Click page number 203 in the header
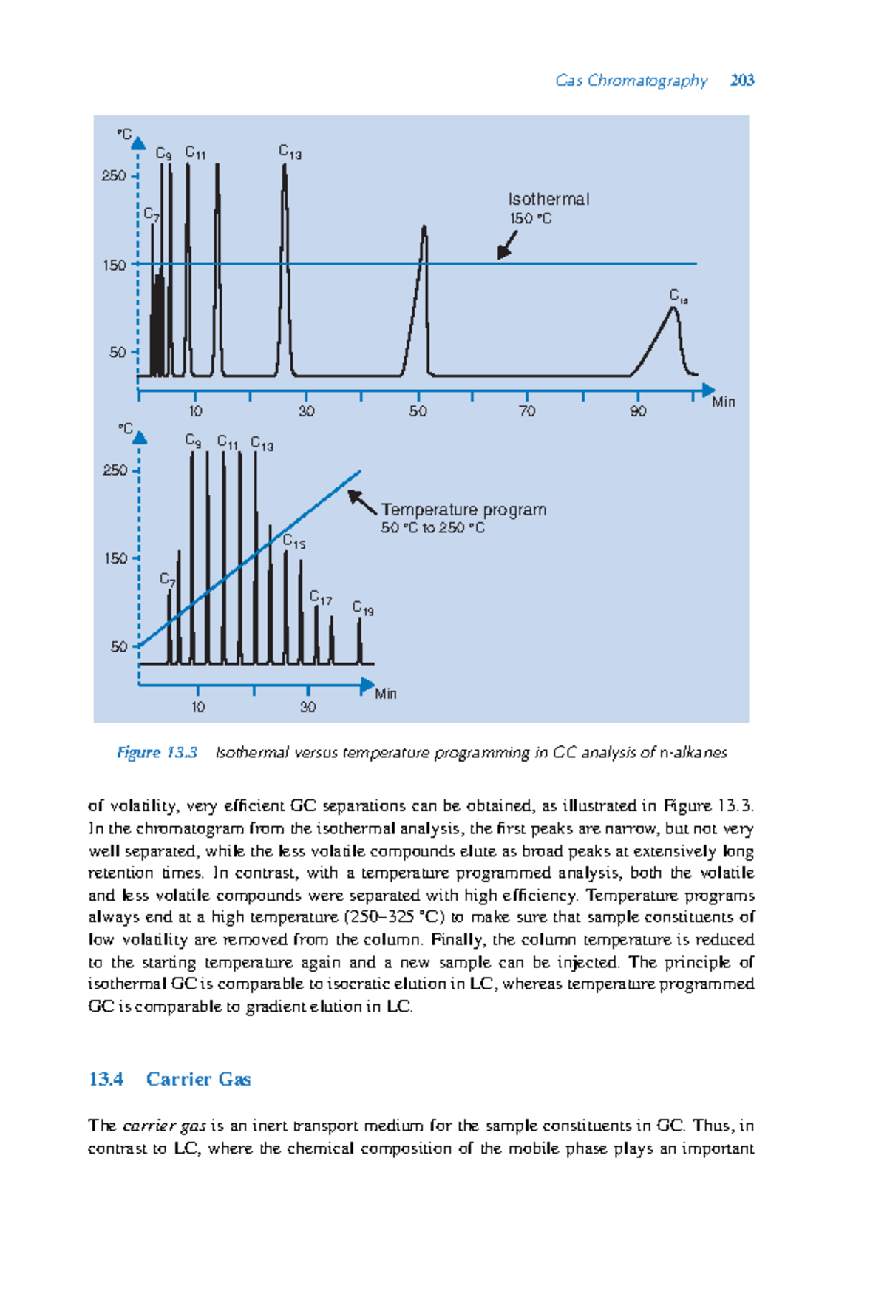[741, 80]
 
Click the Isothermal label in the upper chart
[548, 199]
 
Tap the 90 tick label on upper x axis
[638, 411]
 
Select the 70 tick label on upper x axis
[527, 411]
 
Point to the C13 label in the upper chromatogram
[290, 152]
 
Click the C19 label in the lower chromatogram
[363, 609]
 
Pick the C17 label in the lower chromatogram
[320, 598]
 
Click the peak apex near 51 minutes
[424, 229]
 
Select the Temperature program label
[463, 510]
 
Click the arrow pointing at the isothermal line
[506, 245]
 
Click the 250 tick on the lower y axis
[115, 470]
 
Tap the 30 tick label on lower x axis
[307, 707]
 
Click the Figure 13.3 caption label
[157, 752]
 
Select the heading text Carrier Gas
[198, 1079]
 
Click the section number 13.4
[106, 1079]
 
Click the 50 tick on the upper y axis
[118, 353]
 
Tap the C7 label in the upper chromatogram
[152, 214]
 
